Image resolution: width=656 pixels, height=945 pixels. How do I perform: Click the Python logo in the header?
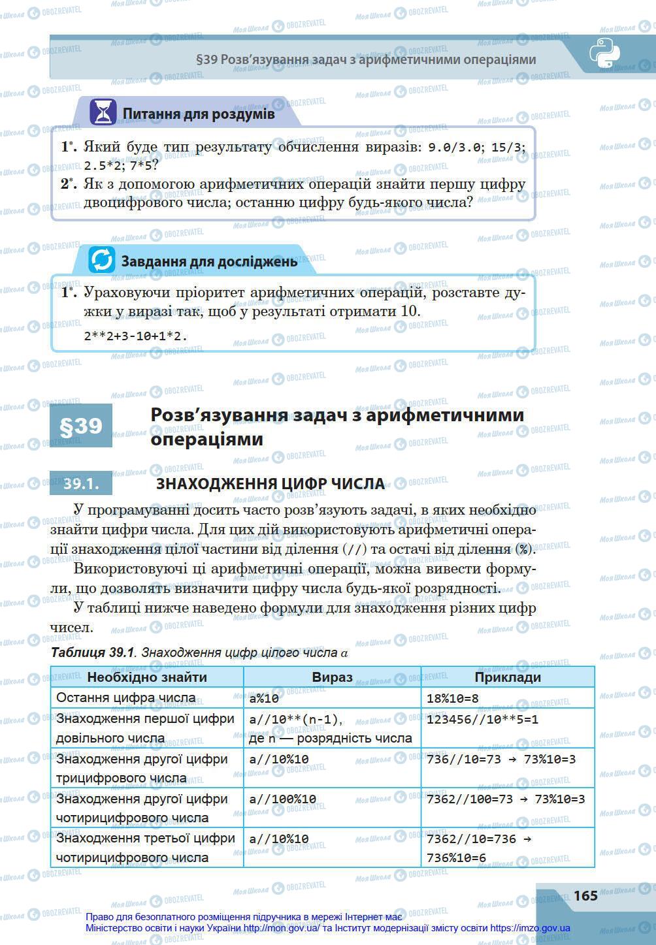click(x=604, y=54)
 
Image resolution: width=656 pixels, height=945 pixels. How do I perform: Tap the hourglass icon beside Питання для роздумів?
click(x=103, y=113)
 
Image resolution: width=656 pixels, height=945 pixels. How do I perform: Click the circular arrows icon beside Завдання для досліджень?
click(x=101, y=260)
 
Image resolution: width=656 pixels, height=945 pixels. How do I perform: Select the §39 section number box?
click(x=81, y=426)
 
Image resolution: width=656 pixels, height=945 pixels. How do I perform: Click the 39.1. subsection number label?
click(x=81, y=483)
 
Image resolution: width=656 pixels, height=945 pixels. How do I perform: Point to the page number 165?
click(x=585, y=895)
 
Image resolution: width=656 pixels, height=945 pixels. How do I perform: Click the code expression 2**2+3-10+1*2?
click(x=135, y=336)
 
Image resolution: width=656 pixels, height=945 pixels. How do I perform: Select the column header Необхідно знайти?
click(x=147, y=677)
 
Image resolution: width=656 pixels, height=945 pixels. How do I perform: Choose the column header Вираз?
click(x=332, y=677)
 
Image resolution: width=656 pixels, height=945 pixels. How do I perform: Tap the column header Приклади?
click(x=508, y=677)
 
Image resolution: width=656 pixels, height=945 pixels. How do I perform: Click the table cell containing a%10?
click(x=264, y=698)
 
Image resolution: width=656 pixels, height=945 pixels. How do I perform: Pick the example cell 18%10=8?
click(x=452, y=698)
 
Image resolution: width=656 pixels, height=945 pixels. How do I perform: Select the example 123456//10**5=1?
click(x=482, y=720)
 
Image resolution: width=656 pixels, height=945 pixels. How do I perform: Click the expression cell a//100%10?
click(x=282, y=799)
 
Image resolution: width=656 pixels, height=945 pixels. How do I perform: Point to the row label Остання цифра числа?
click(x=125, y=697)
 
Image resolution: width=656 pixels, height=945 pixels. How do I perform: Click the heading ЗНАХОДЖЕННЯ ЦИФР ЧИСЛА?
click(x=270, y=484)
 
